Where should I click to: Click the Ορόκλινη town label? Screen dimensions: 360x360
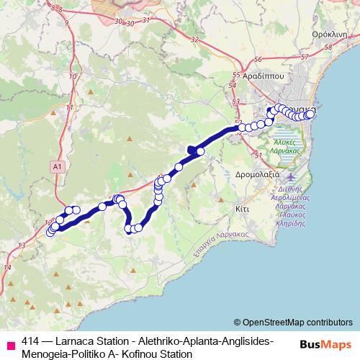tap(330, 34)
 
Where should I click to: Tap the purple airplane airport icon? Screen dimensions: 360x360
tap(290, 177)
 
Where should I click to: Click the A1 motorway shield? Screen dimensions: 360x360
tap(58, 166)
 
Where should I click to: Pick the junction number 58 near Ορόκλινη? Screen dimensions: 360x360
tap(330, 48)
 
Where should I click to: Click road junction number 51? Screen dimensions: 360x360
tap(257, 155)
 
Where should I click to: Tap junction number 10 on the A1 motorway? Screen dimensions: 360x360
tap(72, 75)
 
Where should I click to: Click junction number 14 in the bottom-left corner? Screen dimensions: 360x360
tap(7, 267)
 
